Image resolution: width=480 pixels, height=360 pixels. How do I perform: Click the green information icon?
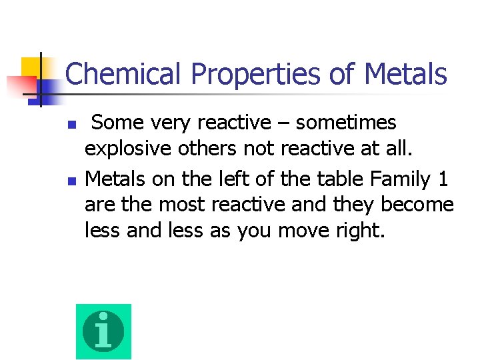coord(103,331)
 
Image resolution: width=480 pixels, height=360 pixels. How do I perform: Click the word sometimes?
coord(346,123)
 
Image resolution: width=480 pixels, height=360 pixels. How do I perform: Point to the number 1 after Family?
coord(443,179)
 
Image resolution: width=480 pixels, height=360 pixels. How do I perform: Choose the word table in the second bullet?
coord(317,179)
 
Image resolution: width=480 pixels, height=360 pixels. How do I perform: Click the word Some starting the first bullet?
coord(116,123)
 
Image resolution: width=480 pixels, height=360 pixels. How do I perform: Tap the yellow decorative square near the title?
coord(31,67)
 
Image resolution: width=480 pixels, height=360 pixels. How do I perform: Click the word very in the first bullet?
coord(166,123)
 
